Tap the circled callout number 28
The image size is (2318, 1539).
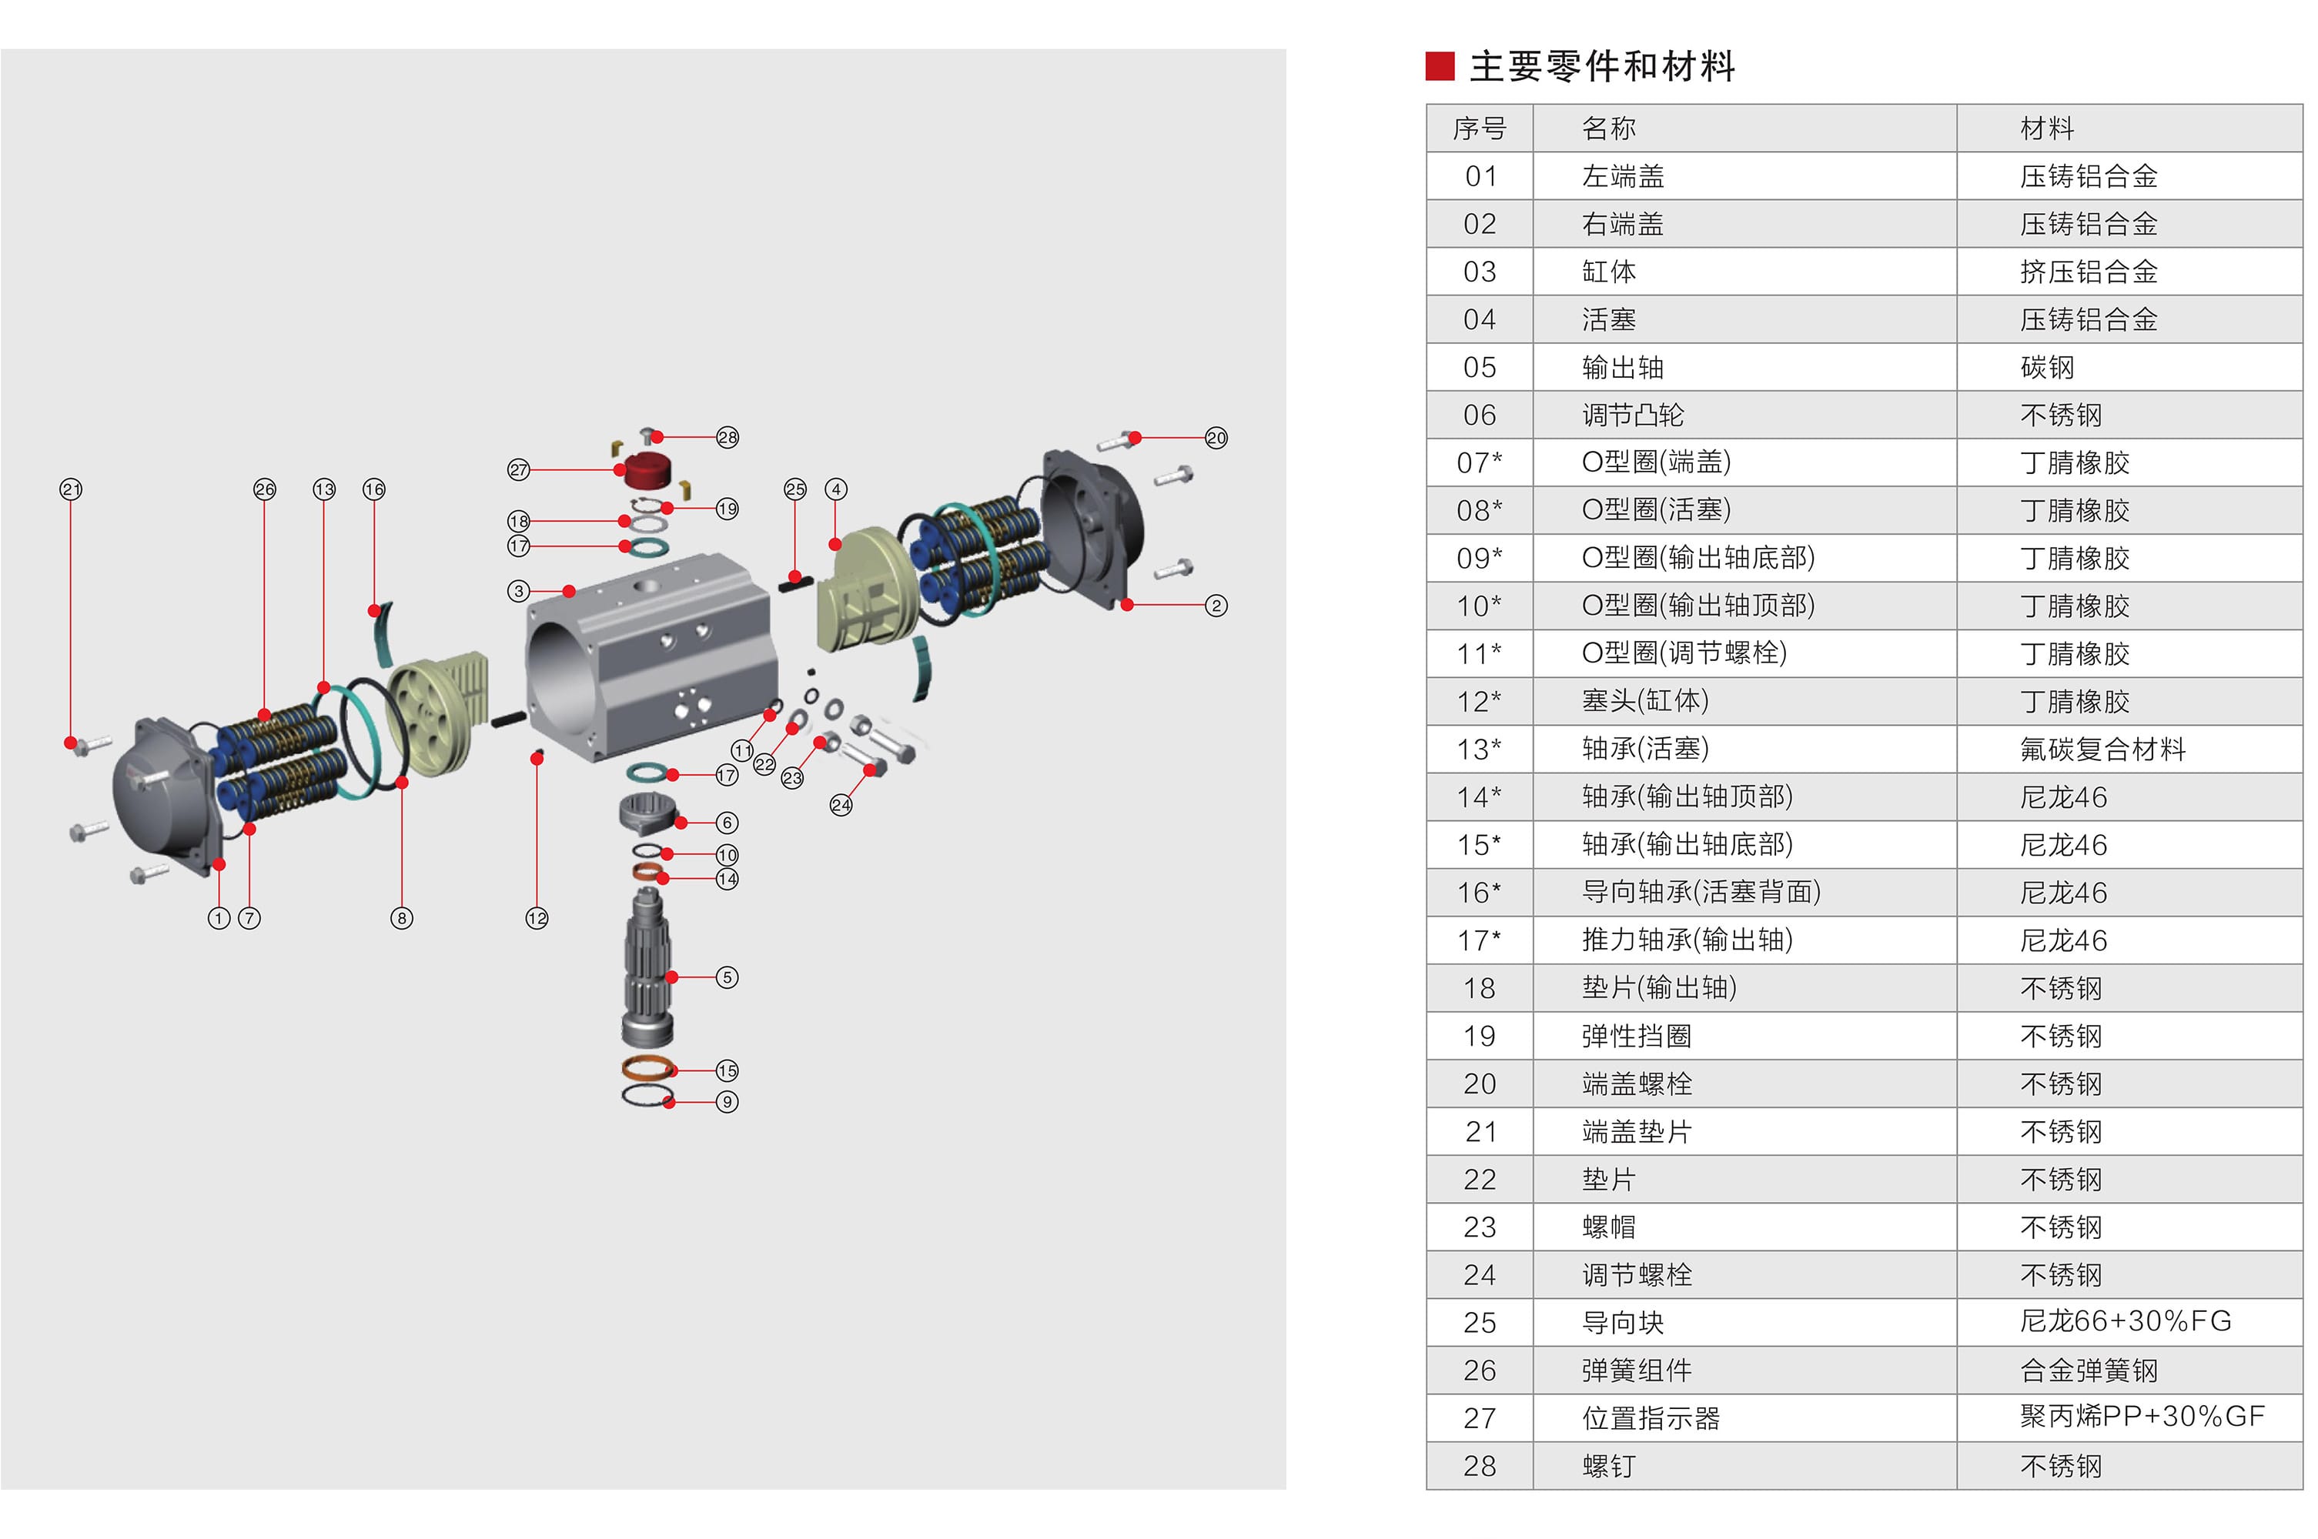click(727, 438)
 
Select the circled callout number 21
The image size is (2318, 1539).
click(71, 489)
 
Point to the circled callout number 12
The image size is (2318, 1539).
click(536, 919)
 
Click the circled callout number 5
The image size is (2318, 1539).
click(727, 977)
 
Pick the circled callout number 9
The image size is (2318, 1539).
click(727, 1102)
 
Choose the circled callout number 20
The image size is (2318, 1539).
click(1216, 438)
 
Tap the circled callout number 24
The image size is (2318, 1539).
click(841, 806)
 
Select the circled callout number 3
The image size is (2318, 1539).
click(518, 591)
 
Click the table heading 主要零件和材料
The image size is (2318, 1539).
click(1601, 67)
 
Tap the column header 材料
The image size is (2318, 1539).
click(2047, 129)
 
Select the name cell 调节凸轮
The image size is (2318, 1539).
click(1632, 416)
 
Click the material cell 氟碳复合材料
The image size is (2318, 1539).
click(2102, 749)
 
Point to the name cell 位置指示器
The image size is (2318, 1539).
click(1651, 1418)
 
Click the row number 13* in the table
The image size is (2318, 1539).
click(1479, 749)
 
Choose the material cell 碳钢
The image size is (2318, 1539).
click(2047, 368)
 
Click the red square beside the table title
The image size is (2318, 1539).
click(1440, 67)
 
